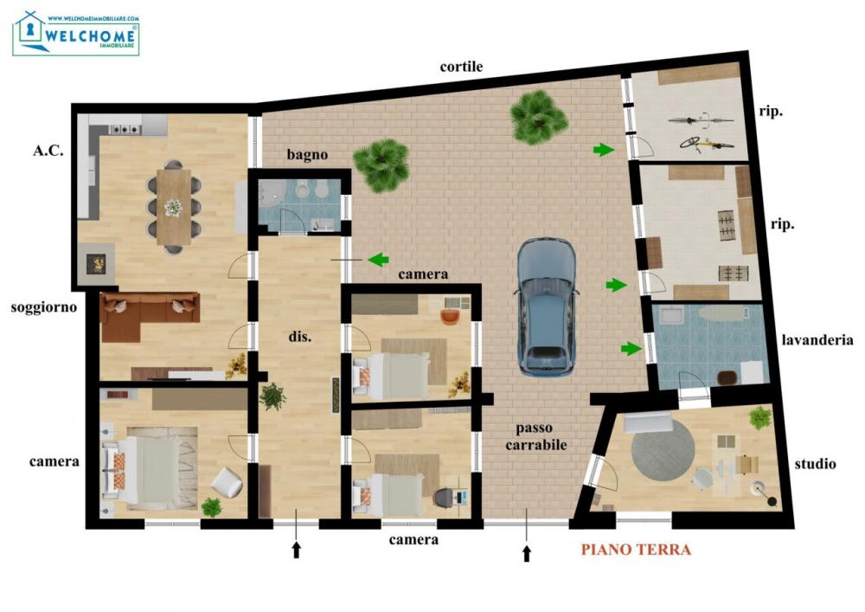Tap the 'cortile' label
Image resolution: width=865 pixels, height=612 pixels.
point(461,67)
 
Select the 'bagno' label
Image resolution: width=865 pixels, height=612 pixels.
point(307,154)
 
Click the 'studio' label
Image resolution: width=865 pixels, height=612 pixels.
point(815,464)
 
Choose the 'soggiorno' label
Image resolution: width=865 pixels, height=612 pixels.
point(44,307)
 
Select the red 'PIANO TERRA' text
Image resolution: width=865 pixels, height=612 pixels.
point(636,549)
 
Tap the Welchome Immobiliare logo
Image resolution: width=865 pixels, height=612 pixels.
point(76,34)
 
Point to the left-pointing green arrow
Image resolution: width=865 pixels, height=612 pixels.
point(377,259)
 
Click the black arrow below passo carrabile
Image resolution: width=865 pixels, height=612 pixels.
point(527,551)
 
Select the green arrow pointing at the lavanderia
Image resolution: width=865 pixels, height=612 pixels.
point(631,349)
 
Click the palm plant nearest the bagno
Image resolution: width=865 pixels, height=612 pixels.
point(381,164)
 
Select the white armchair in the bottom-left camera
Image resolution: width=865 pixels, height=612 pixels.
point(227,482)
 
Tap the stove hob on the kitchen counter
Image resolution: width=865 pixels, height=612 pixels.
point(126,130)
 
